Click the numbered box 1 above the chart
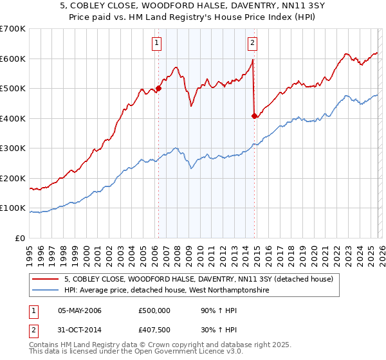(157, 44)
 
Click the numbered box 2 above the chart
(252, 44)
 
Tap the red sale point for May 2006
(158, 89)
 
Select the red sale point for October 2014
(255, 116)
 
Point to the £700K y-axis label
(13, 29)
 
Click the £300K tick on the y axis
(13, 148)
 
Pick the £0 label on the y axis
(21, 238)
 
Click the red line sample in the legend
(46, 279)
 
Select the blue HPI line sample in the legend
(46, 291)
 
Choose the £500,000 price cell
(154, 310)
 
